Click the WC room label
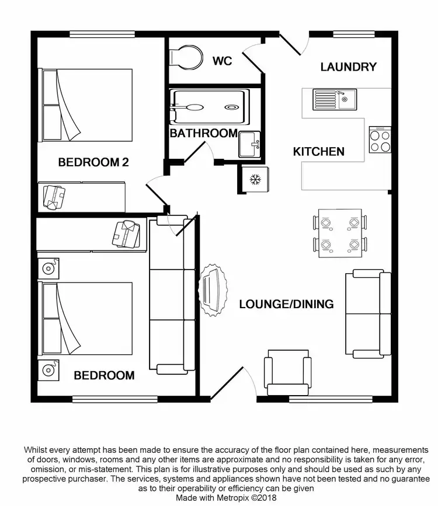[223, 61]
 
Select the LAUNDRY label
[348, 67]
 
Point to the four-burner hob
[380, 140]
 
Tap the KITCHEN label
[318, 152]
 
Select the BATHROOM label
[203, 133]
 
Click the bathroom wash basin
[249, 144]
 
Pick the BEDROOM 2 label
[93, 162]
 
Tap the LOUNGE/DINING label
[286, 304]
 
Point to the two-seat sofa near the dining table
[368, 314]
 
